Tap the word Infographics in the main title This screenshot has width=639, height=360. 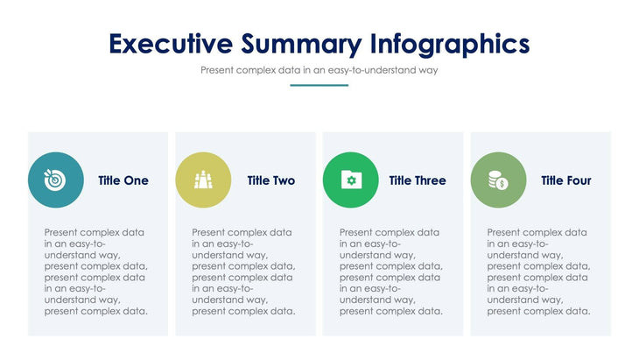coord(450,43)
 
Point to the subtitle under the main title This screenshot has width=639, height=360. coord(319,70)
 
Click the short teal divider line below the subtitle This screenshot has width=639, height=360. coord(319,85)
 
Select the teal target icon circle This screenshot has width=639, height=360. coord(56,180)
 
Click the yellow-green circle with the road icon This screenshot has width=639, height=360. coord(203,180)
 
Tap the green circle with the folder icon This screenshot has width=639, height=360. coord(351,180)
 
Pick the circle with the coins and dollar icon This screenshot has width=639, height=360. coord(498,180)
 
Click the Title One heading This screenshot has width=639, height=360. coord(123,180)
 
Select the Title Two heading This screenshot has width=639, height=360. coord(270,180)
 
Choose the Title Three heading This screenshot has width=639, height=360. coord(418,180)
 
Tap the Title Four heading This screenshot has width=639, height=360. coord(565,180)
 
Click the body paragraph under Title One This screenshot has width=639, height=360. coord(96,272)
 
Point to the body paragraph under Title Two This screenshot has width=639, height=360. coord(243,272)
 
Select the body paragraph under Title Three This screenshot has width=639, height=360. coord(390,272)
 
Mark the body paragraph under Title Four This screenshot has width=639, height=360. coord(538,272)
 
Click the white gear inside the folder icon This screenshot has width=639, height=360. coord(351,181)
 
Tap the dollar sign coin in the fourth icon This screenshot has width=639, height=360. coord(502,184)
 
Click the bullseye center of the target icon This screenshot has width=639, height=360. coord(55,181)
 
